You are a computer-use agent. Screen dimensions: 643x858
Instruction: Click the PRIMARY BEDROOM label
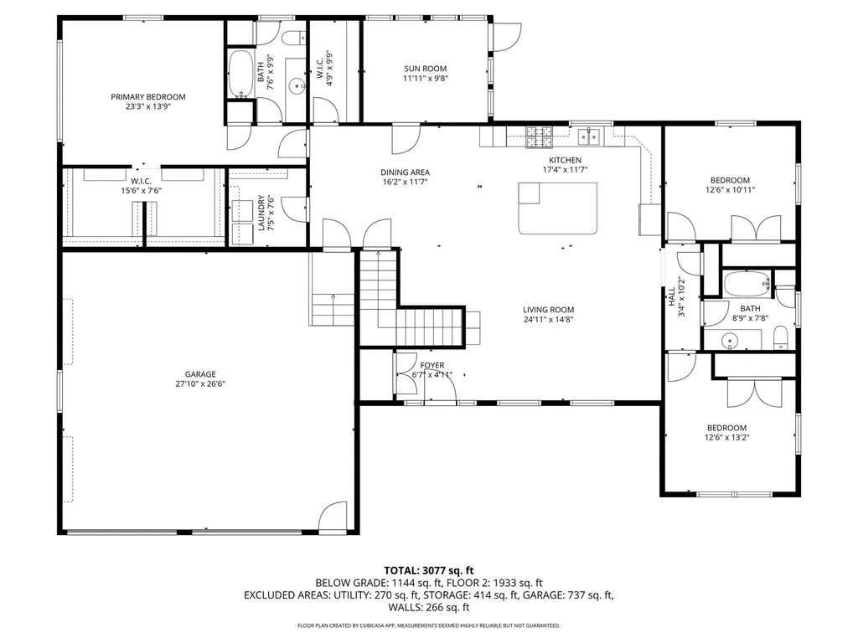point(148,97)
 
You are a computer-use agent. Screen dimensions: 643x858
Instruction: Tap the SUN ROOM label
point(425,69)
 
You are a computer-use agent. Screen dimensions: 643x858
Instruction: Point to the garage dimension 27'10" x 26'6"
point(200,384)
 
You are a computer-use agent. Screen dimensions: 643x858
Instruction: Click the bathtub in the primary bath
point(240,75)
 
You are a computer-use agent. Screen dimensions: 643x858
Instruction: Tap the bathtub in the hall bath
point(745,285)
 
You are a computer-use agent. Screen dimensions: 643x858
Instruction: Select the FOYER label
point(432,365)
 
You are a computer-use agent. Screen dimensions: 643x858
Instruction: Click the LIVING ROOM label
point(548,309)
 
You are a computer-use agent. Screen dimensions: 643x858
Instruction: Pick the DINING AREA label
point(406,172)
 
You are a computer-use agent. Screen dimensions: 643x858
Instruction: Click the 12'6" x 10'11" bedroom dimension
point(730,190)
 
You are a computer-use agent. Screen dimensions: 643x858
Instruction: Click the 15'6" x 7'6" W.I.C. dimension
point(139,190)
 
